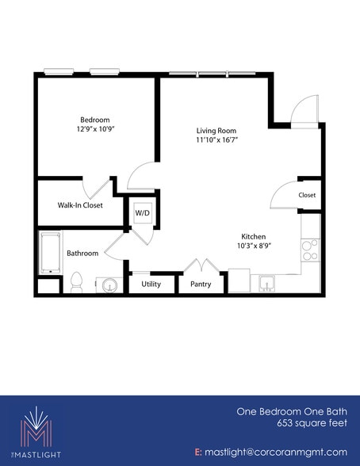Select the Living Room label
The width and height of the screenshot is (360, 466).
coord(216,130)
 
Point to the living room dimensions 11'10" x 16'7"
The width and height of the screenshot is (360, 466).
coord(216,139)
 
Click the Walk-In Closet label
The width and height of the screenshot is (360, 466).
coord(80,205)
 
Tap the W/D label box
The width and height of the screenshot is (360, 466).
coord(142,212)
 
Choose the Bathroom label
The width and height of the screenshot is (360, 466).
coord(82,254)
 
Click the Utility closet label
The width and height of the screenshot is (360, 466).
coord(151,283)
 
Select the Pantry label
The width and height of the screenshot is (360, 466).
coord(200,283)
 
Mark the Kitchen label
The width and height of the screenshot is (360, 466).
coord(253,236)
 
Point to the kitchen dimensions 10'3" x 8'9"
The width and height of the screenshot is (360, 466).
coord(254,246)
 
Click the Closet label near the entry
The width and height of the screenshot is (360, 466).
coord(307,195)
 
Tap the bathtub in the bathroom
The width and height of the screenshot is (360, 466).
coord(51,253)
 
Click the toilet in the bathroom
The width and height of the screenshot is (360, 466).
coord(76,281)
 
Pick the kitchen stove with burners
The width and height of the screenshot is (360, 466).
coord(310,250)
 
